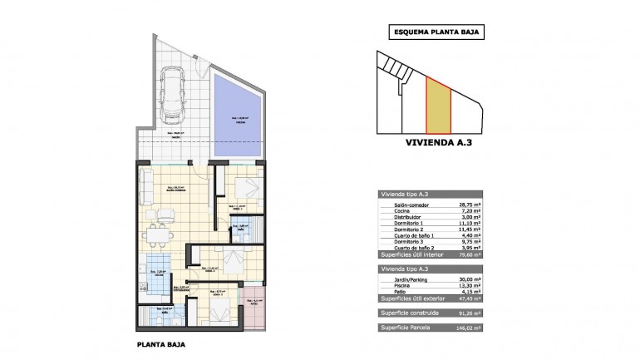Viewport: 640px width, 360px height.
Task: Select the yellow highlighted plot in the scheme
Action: coord(437,106)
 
